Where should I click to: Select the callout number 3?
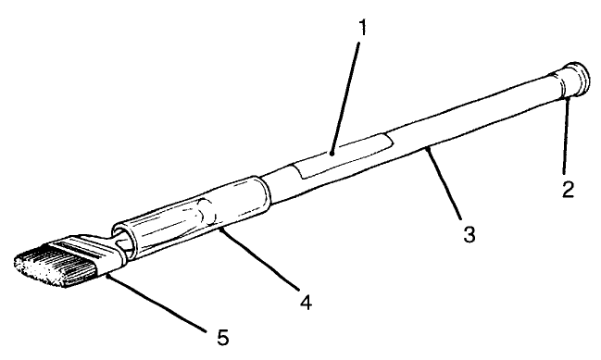point(470,235)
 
